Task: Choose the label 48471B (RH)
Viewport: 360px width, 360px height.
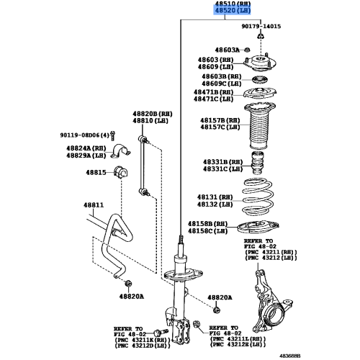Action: coord(212,92)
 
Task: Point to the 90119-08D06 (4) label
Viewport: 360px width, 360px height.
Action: coord(85,135)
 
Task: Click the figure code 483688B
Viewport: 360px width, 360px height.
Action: coord(335,353)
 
